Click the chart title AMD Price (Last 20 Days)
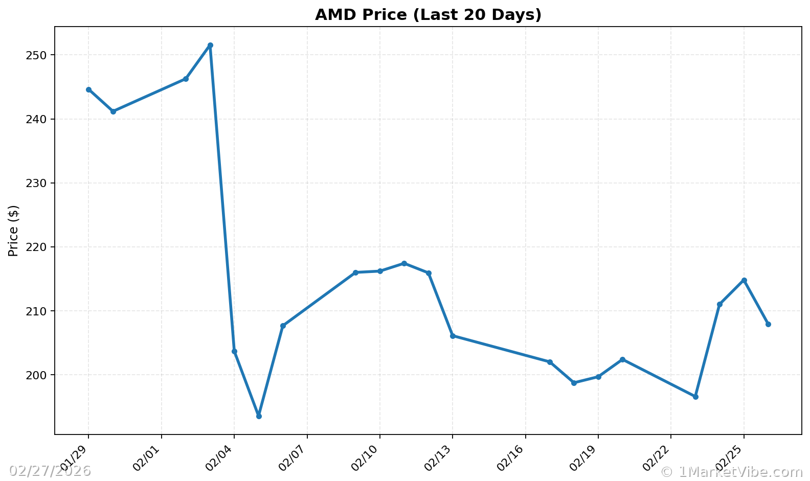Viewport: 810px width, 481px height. click(428, 15)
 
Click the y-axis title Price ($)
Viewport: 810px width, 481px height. click(13, 231)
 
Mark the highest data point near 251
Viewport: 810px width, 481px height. click(210, 45)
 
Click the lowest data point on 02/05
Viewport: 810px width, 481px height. click(259, 416)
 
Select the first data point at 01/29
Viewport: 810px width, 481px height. click(88, 89)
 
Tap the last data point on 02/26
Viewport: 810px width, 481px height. click(768, 324)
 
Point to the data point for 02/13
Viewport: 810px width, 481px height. click(453, 336)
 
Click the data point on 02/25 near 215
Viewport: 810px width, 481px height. click(744, 280)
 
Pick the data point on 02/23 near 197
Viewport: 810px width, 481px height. click(695, 397)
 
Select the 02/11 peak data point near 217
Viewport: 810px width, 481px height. click(404, 263)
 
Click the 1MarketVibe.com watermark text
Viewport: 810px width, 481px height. click(732, 471)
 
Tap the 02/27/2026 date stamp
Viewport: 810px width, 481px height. click(50, 471)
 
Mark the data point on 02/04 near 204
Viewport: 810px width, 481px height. click(234, 351)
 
